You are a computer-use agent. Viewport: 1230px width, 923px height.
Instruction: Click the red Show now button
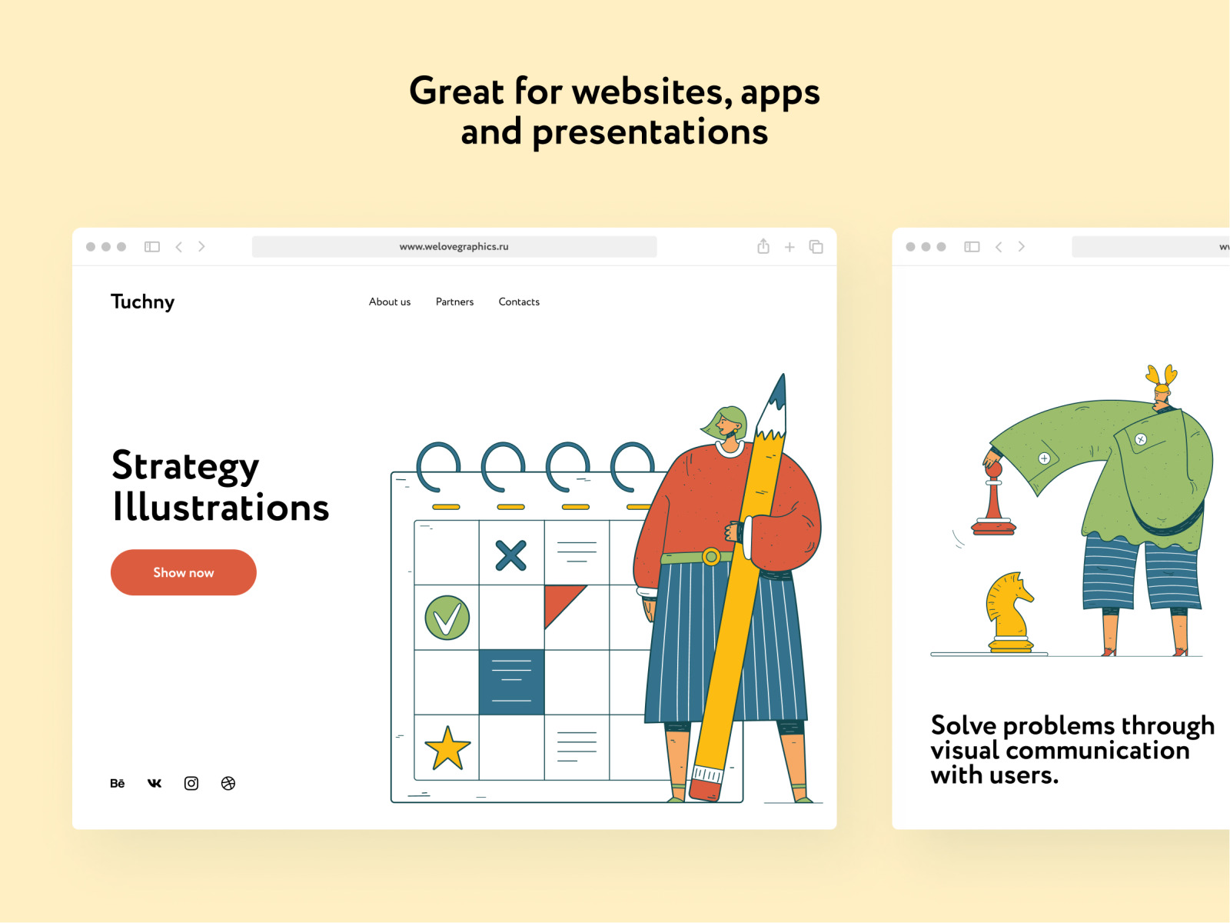tap(183, 572)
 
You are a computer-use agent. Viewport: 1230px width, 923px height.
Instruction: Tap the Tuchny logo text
tap(142, 302)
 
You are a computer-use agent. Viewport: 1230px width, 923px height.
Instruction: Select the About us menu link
tap(390, 302)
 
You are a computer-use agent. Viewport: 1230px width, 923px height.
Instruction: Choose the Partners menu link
tap(454, 302)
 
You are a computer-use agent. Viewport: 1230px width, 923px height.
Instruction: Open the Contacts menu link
tap(519, 302)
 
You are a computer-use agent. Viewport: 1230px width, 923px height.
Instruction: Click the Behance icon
tap(117, 783)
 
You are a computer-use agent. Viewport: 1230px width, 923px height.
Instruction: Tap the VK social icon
tap(154, 783)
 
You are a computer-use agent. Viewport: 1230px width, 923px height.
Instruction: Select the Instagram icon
tap(191, 783)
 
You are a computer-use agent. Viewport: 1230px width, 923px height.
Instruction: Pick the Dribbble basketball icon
tap(228, 783)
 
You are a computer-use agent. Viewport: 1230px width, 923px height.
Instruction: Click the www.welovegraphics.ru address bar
tap(454, 247)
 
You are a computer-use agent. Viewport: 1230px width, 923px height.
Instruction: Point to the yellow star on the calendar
tap(447, 748)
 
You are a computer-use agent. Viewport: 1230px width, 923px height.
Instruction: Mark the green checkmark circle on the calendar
tap(447, 618)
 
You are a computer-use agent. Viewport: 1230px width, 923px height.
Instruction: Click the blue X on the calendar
tap(511, 555)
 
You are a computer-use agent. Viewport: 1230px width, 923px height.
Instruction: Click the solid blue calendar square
tap(511, 682)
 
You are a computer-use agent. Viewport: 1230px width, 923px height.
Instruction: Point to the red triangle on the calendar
tap(560, 602)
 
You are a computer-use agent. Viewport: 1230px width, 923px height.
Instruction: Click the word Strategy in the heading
tap(185, 466)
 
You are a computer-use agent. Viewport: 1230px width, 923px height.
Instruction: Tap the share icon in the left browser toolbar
tap(763, 246)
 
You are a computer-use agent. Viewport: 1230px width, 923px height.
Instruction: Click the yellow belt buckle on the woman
tap(711, 556)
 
